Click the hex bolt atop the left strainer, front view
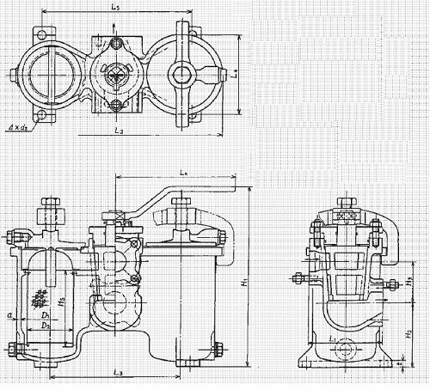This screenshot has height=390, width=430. click(48, 208)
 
